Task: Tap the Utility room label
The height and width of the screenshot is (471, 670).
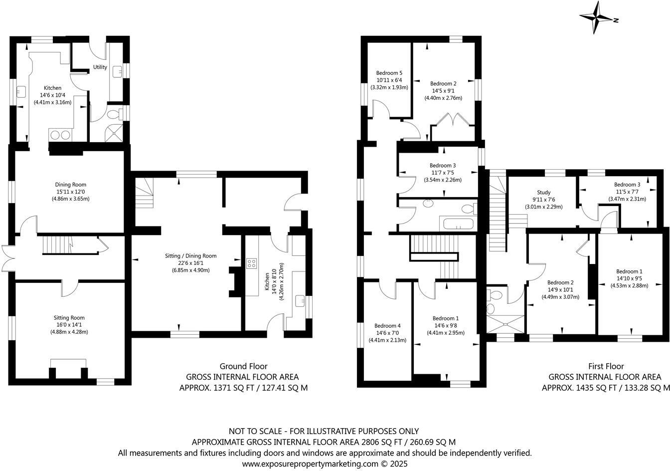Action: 100,67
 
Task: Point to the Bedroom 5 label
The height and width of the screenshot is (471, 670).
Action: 389,73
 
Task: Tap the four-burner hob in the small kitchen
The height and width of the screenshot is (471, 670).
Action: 251,263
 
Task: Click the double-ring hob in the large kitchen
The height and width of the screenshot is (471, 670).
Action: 60,134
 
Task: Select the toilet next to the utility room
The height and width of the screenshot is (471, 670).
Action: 114,114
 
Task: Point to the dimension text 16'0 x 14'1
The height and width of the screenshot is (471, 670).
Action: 69,325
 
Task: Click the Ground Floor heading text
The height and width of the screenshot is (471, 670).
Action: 243,366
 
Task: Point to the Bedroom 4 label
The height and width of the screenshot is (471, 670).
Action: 387,325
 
